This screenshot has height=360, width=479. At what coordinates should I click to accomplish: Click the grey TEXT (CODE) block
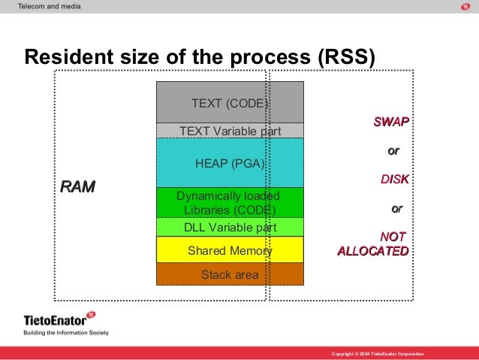(230, 102)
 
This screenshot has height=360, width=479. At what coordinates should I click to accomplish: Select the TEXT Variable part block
(230, 131)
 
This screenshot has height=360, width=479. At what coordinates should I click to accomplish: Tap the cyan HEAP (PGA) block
(230, 162)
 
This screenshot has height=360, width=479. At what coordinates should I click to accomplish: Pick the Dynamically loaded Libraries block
(230, 202)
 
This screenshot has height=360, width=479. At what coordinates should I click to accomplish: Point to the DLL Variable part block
(230, 227)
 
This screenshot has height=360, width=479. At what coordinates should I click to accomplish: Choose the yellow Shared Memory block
(230, 250)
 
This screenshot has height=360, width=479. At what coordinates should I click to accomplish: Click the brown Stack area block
(230, 274)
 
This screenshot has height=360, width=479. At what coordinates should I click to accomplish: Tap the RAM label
(77, 186)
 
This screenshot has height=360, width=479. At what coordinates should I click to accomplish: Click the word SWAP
(392, 122)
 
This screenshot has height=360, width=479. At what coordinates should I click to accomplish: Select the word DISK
(395, 180)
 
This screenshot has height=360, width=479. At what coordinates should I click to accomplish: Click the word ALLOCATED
(373, 250)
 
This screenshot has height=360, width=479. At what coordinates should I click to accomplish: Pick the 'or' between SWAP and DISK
(393, 151)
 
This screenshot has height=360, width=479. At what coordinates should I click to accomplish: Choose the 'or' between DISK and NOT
(397, 208)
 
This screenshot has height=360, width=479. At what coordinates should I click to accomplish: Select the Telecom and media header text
(50, 6)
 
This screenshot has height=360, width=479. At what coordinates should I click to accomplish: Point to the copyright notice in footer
(378, 353)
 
